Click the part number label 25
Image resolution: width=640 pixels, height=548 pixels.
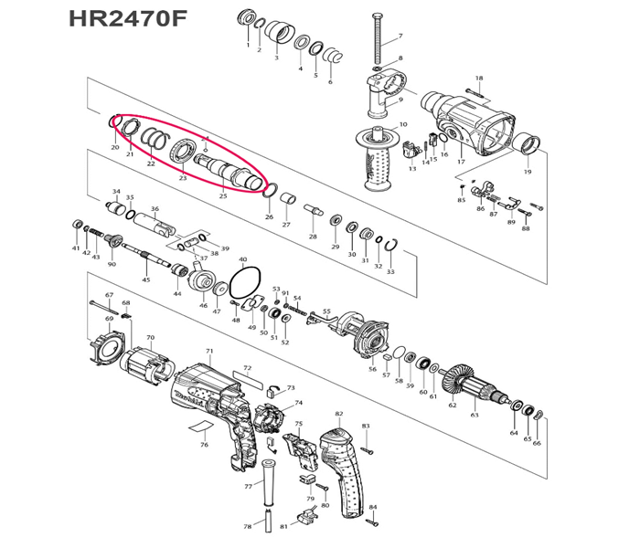coord(223,195)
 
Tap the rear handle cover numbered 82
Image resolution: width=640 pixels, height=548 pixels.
coord(345,467)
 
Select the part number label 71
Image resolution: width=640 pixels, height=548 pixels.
coord(209,351)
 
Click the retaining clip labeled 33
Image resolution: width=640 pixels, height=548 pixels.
coord(390,247)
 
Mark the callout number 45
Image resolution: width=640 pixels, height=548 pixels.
coord(145,279)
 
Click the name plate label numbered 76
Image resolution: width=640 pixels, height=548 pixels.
coord(205,429)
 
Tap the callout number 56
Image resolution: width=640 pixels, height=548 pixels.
coord(372,369)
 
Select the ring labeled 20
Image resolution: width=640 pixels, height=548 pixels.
coord(114,122)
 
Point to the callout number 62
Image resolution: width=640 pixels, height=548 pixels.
coord(452,405)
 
